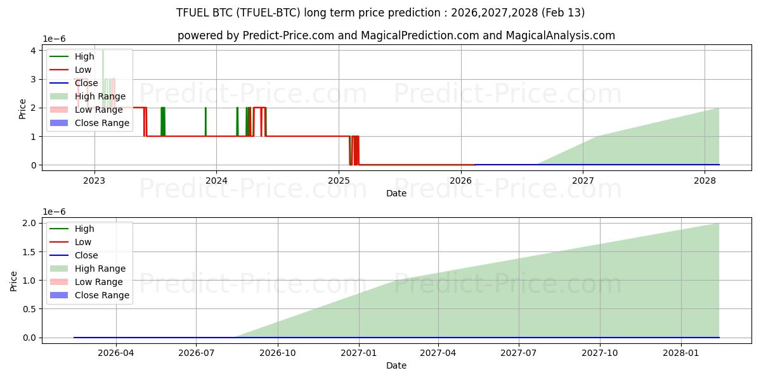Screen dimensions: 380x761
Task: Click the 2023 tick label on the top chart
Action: click(x=94, y=180)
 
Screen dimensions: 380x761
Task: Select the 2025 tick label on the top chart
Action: click(x=339, y=180)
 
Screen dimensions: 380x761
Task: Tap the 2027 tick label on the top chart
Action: click(x=583, y=180)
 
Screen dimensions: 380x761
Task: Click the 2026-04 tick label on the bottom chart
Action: click(x=115, y=352)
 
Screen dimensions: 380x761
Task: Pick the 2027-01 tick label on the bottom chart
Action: click(x=359, y=352)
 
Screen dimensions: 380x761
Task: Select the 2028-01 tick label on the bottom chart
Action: click(x=680, y=352)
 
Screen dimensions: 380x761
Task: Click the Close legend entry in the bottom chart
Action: click(x=86, y=255)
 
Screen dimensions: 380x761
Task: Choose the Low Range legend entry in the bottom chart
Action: click(x=98, y=282)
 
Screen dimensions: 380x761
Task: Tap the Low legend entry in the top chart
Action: click(x=83, y=70)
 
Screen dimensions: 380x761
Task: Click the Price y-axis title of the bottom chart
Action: click(x=14, y=279)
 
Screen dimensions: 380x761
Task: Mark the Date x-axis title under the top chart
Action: click(x=396, y=193)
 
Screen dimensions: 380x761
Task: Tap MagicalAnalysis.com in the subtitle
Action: click(x=560, y=35)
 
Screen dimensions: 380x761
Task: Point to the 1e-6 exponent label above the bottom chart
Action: click(x=55, y=212)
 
